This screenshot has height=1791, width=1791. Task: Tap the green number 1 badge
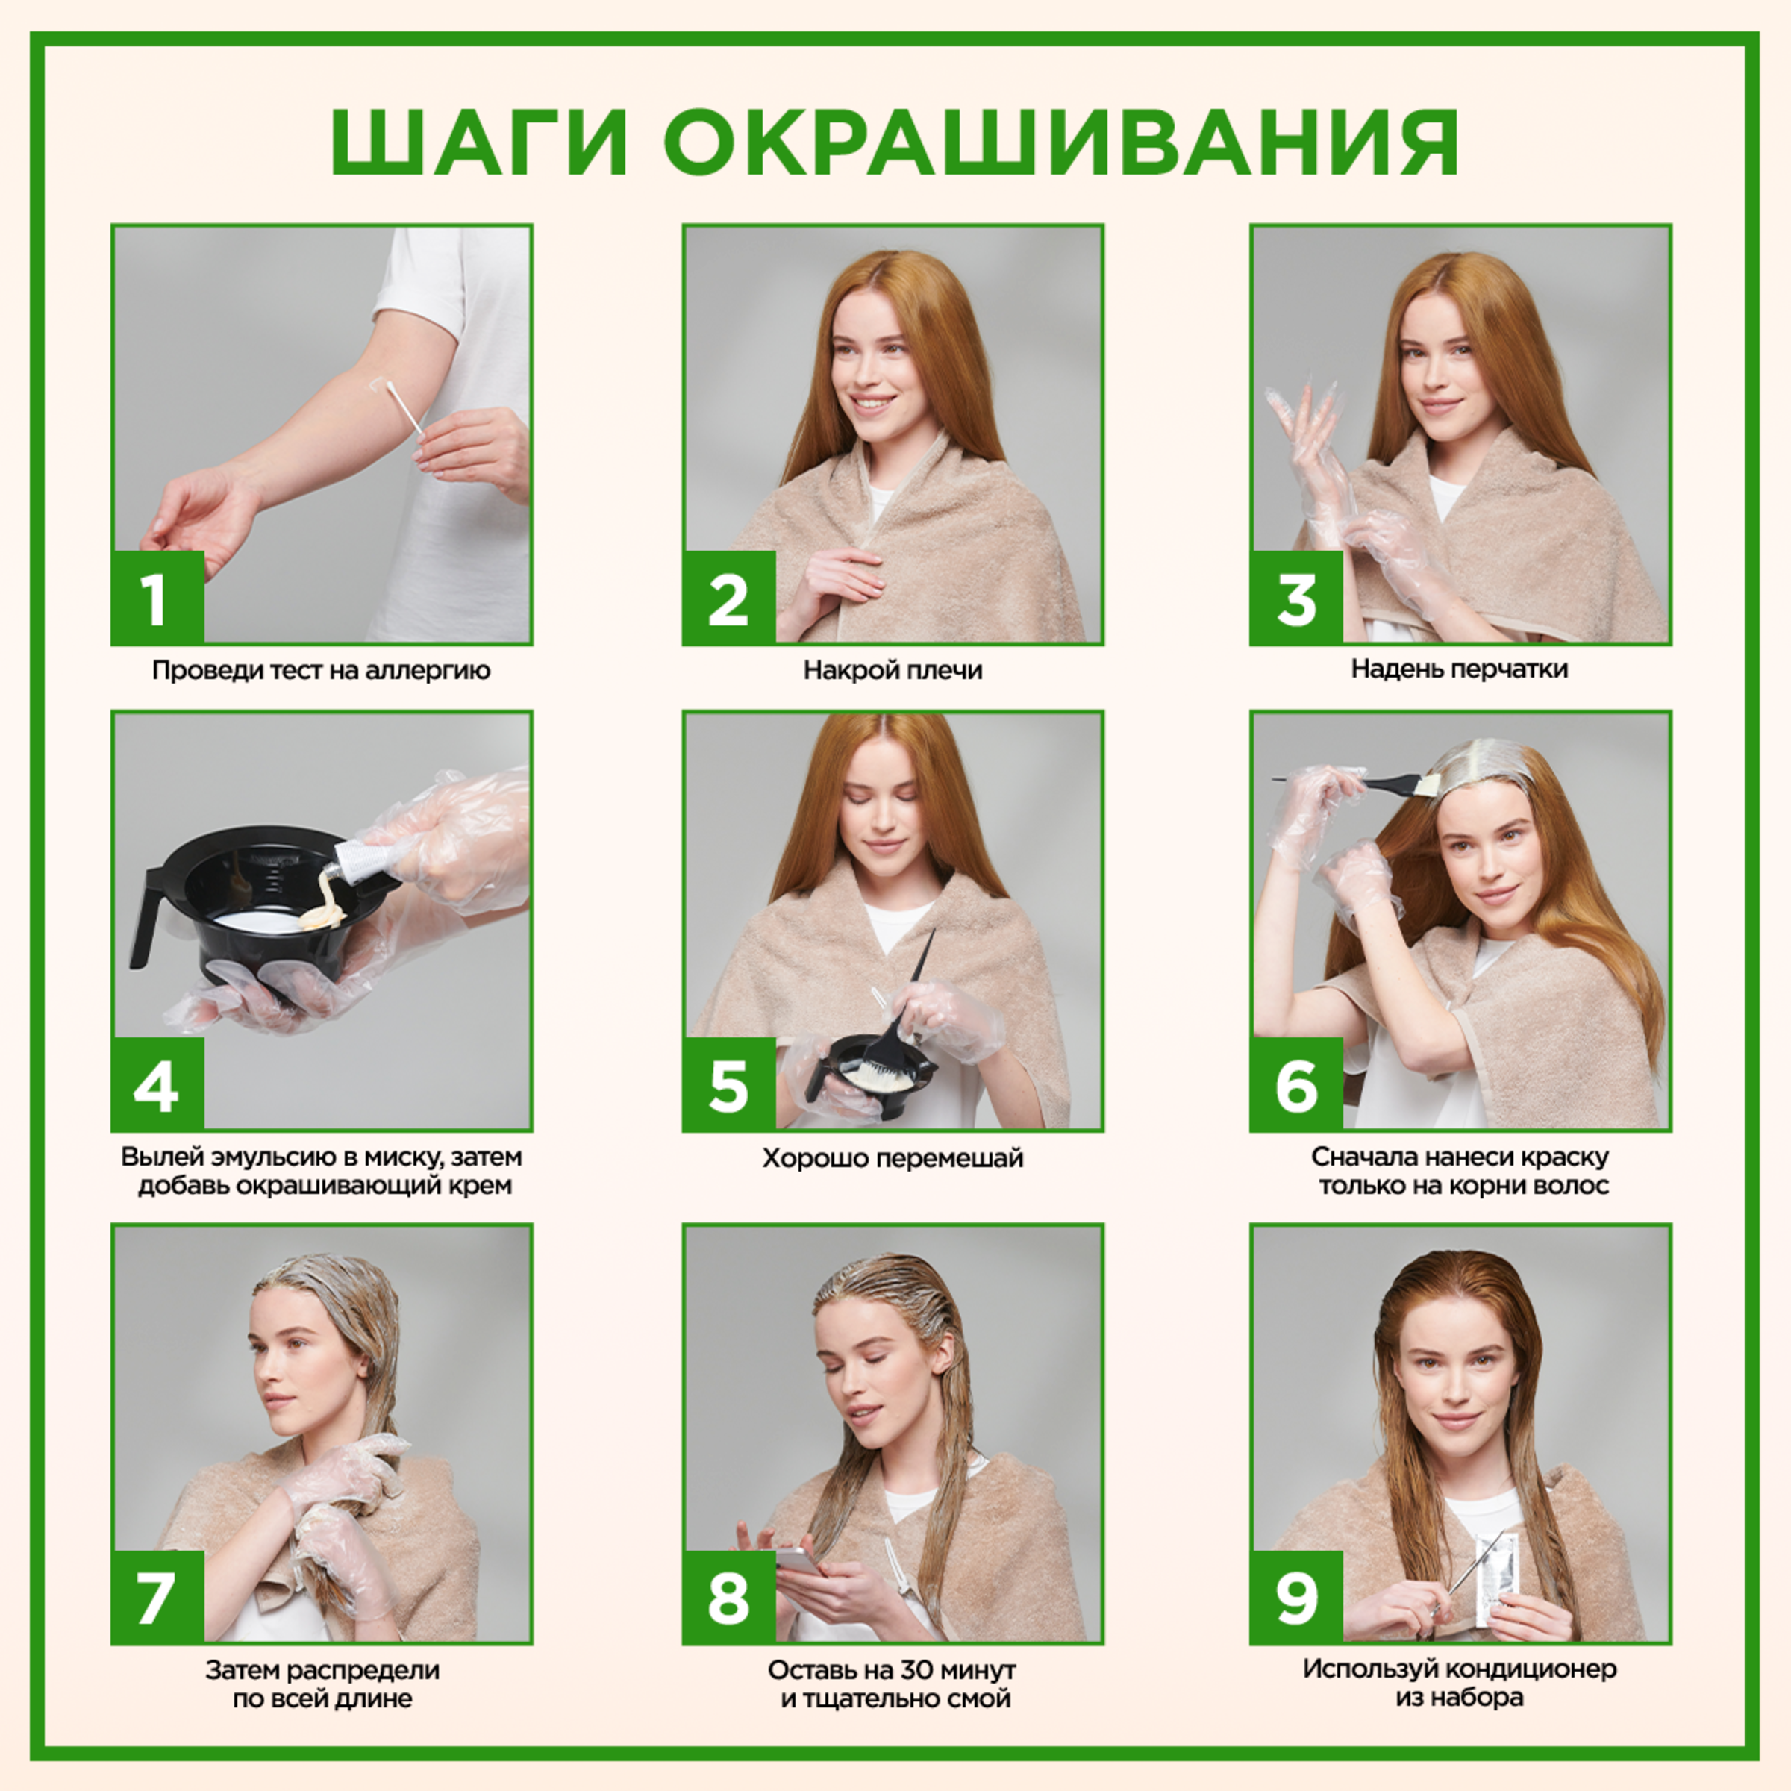[157, 598]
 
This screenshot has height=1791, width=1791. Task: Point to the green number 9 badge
[1296, 1596]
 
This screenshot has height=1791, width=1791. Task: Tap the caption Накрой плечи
[892, 669]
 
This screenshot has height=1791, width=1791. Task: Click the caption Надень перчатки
[1459, 669]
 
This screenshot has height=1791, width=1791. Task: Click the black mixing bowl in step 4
[260, 904]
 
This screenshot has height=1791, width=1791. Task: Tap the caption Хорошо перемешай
[892, 1159]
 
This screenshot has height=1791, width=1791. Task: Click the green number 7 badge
[157, 1596]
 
